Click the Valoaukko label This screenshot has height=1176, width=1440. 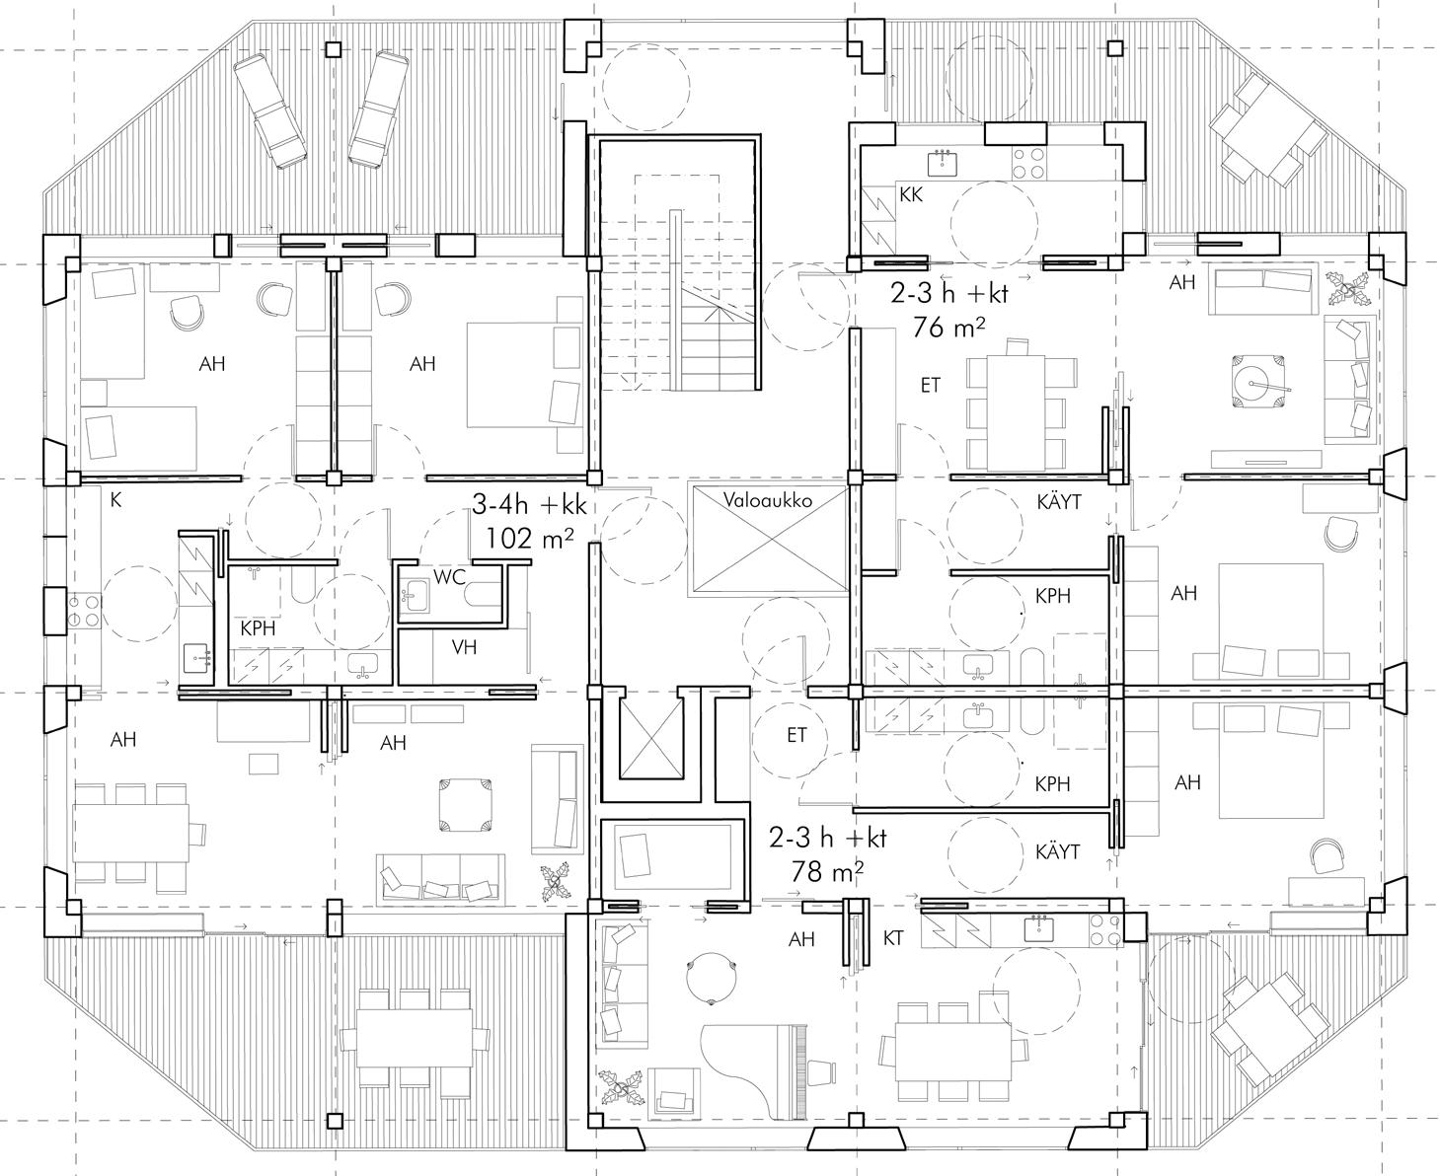click(x=767, y=500)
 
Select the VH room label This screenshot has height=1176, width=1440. click(x=464, y=647)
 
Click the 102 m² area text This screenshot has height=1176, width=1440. click(x=529, y=539)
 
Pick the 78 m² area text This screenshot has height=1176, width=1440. click(x=828, y=871)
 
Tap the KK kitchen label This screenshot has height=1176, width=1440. click(x=911, y=195)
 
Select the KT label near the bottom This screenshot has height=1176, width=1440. click(x=893, y=938)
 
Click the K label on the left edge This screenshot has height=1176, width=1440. click(x=115, y=501)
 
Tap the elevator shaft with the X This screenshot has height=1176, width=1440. click(x=648, y=738)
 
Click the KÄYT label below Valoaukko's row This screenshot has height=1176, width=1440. click(x=1059, y=502)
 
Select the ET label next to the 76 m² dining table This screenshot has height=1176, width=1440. click(x=931, y=386)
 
